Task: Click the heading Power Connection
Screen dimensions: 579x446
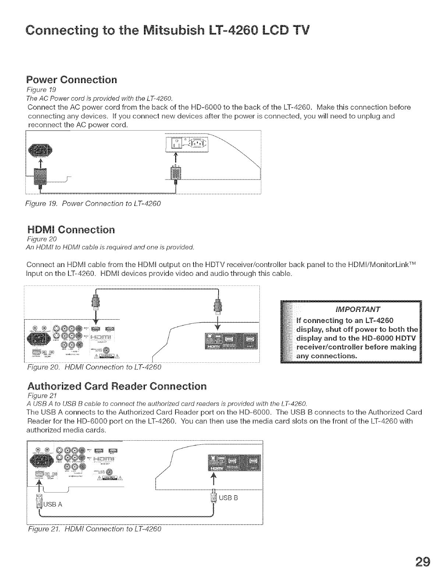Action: click(72, 80)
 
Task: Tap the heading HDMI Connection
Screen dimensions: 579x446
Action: click(71, 230)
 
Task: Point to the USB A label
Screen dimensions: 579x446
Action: click(53, 504)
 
